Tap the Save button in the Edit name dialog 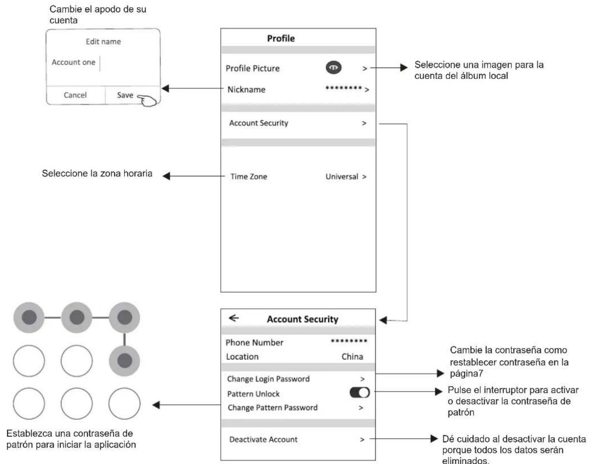click(125, 95)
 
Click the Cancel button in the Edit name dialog click(75, 95)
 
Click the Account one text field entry click(73, 62)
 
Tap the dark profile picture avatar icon click(333, 68)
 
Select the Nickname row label click(246, 90)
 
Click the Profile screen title click(281, 38)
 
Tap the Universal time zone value click(341, 177)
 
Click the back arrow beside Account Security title click(234, 318)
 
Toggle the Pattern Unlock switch click(359, 392)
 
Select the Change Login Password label click(268, 379)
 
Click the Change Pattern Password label click(273, 407)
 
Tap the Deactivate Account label click(263, 439)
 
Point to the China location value click(352, 356)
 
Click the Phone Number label click(254, 342)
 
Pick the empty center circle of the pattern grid click(76, 361)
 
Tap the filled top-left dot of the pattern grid click(29, 317)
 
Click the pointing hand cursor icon click(147, 100)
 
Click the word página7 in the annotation click(466, 373)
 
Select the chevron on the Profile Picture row click(364, 68)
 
